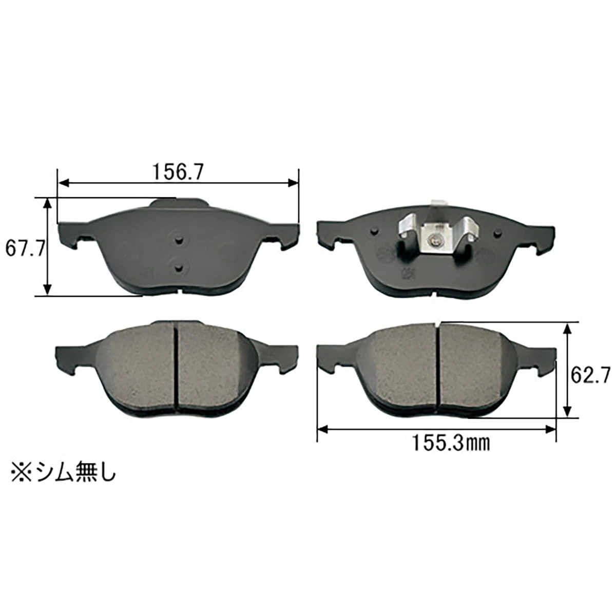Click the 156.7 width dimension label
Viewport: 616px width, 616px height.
(x=178, y=172)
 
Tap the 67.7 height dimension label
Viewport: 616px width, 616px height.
(x=25, y=248)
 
